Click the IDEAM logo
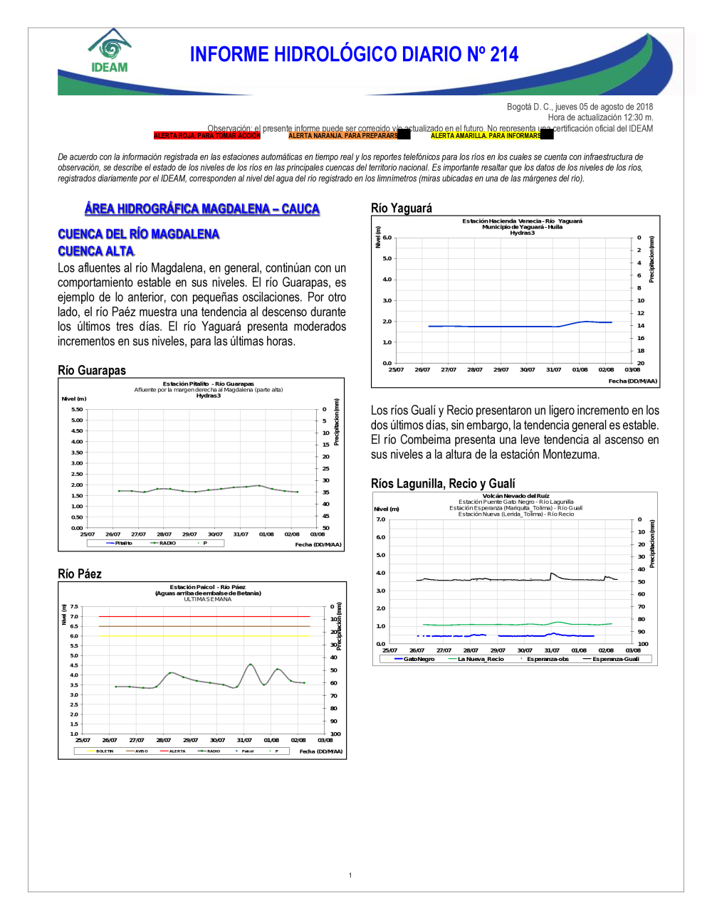coord(109,51)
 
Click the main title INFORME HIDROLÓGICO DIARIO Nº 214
coord(354,55)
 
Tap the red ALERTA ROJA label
coord(206,135)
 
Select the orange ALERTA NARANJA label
coord(342,135)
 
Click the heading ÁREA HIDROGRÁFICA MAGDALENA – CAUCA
coord(202,208)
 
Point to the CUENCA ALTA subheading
coord(96,251)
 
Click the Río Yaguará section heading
coord(402,208)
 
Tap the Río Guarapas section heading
coord(92,370)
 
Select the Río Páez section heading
coord(80,573)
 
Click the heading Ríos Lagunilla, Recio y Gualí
coord(443,483)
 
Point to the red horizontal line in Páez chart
coord(205,616)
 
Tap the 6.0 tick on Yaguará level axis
coord(387,238)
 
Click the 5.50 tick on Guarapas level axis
coord(77,409)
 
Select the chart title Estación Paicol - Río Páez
coord(207,587)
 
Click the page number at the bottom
coord(350,875)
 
